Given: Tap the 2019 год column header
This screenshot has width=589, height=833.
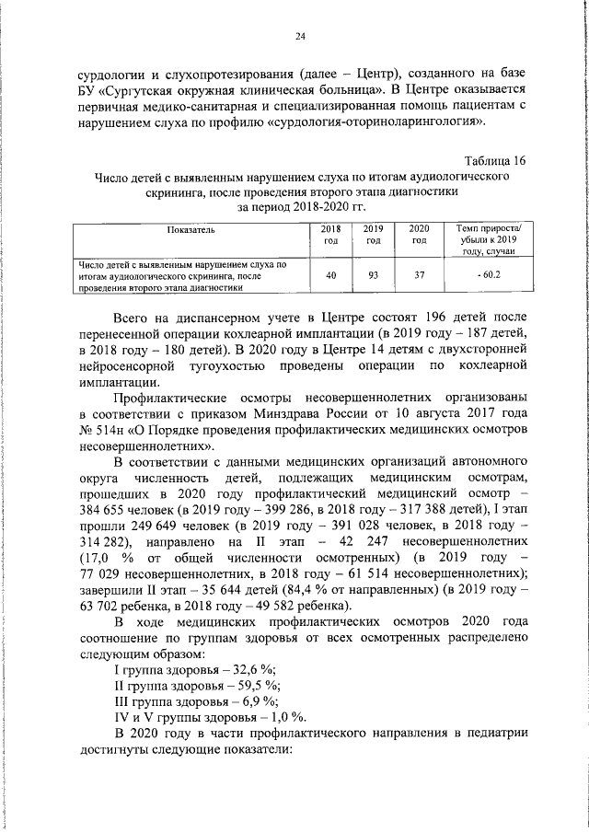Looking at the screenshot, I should click(x=373, y=235).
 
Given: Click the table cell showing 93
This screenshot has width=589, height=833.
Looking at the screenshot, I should click(x=373, y=275).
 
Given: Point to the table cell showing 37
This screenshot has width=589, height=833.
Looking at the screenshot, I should click(x=419, y=275).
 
